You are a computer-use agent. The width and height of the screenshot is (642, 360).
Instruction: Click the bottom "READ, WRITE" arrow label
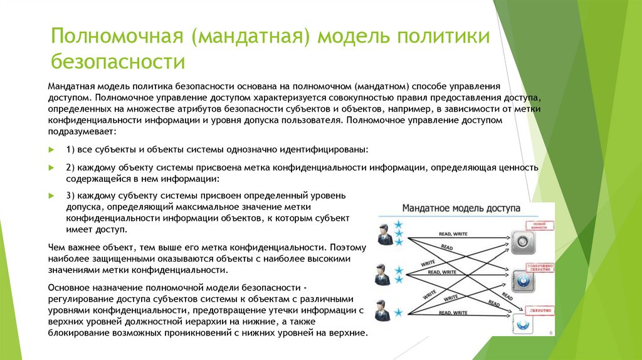(452, 312)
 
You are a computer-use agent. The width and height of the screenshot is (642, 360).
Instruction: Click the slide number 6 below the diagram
(550, 334)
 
